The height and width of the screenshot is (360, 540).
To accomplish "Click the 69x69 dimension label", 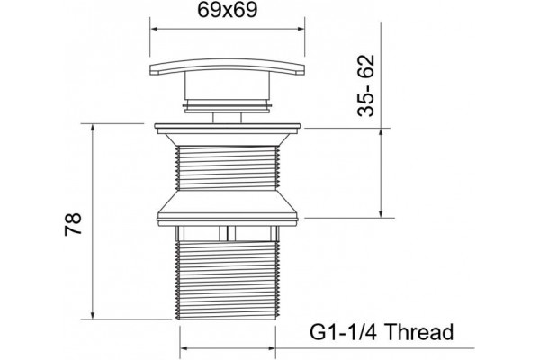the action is (x=228, y=10).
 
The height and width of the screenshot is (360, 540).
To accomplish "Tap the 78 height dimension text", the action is (x=73, y=224).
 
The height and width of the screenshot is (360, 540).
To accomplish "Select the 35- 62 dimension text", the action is (x=365, y=85).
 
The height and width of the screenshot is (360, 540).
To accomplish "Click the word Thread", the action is (x=418, y=332).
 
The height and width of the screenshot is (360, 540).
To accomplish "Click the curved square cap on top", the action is (x=228, y=66).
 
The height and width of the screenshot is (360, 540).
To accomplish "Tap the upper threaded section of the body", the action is (x=228, y=167).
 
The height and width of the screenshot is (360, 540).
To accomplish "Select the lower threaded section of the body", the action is (x=228, y=280).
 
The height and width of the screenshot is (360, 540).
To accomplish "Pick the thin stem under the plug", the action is (x=228, y=118).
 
